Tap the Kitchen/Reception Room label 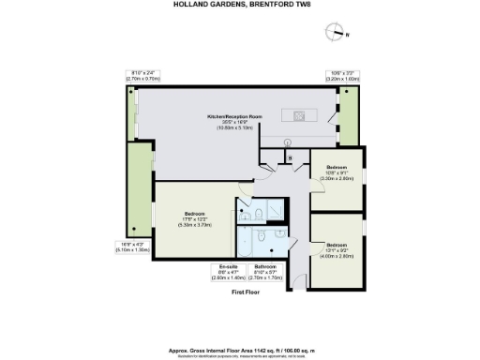point(233,120)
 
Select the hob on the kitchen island point(299,116)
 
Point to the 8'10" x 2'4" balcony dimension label point(143,76)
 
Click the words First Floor point(245,293)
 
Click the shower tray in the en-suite point(272,209)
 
